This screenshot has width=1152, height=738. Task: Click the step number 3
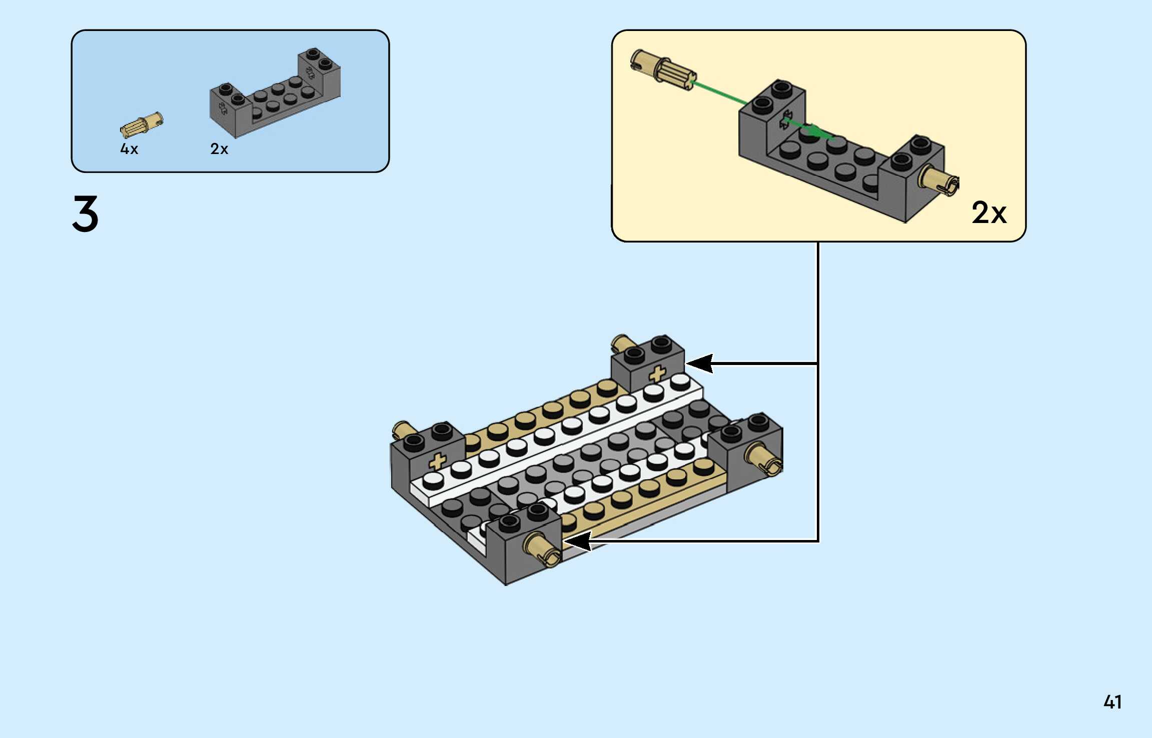(x=86, y=213)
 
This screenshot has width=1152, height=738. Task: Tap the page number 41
(x=1112, y=702)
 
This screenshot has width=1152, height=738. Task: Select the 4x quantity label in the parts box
(x=129, y=149)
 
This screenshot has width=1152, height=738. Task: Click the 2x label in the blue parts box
(x=219, y=149)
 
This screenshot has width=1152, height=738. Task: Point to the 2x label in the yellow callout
(x=988, y=213)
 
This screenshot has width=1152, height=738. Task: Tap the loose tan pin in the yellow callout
(x=662, y=70)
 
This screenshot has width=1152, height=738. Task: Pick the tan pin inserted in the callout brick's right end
(x=940, y=180)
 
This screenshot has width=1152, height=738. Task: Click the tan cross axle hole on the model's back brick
(x=657, y=373)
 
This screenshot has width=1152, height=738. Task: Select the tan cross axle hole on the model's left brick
(x=437, y=461)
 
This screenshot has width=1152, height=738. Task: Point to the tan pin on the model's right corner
(x=764, y=459)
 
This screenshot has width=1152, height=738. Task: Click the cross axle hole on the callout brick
(x=784, y=120)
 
